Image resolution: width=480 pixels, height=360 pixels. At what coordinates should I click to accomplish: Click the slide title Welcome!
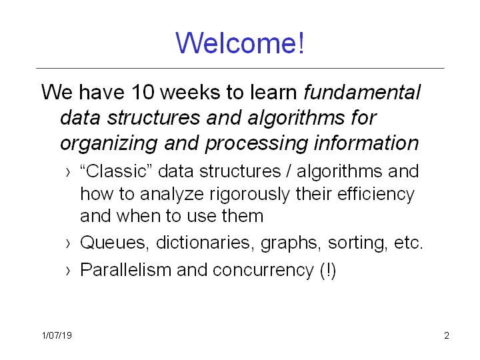tap(240, 43)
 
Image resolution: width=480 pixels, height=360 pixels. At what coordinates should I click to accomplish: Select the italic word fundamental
tap(362, 92)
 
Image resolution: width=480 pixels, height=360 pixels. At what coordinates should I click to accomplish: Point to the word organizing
tap(109, 143)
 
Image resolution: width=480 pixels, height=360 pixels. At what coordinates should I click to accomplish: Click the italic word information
tap(366, 143)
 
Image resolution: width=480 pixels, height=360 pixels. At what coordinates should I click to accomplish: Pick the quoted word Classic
tap(116, 171)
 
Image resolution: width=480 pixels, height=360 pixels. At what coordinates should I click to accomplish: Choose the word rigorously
tap(249, 195)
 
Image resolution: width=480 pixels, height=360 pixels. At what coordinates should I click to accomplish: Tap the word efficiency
tap(376, 195)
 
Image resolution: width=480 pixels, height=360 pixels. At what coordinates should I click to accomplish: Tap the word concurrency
tap(263, 271)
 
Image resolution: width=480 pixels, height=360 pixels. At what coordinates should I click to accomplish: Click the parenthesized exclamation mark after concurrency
tap(328, 271)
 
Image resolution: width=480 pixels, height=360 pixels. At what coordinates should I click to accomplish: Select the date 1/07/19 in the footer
tap(57, 335)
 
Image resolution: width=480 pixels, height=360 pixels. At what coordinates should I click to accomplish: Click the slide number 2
tap(447, 335)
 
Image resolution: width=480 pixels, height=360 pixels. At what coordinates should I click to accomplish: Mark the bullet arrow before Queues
tap(68, 244)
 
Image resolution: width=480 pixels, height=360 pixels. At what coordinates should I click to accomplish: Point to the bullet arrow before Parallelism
tap(68, 271)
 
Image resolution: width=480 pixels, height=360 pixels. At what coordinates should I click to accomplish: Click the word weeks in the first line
tap(190, 92)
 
